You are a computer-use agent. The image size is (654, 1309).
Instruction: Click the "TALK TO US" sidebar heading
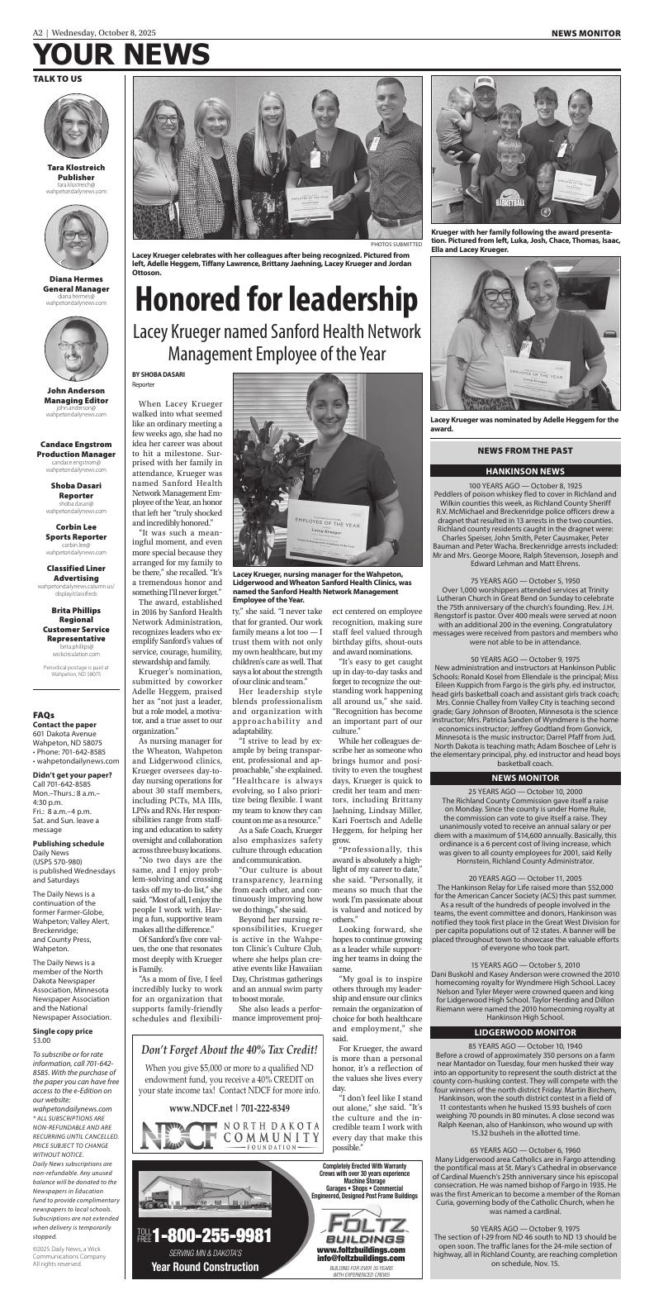coord(57,79)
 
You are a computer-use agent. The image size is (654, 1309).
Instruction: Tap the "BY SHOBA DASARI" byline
coord(158,374)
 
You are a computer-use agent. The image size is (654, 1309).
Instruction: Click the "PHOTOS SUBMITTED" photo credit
coord(396,245)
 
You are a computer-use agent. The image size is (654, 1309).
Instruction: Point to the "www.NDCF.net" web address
coord(192,1107)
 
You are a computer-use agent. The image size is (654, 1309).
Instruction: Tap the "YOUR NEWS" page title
coord(121,55)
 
